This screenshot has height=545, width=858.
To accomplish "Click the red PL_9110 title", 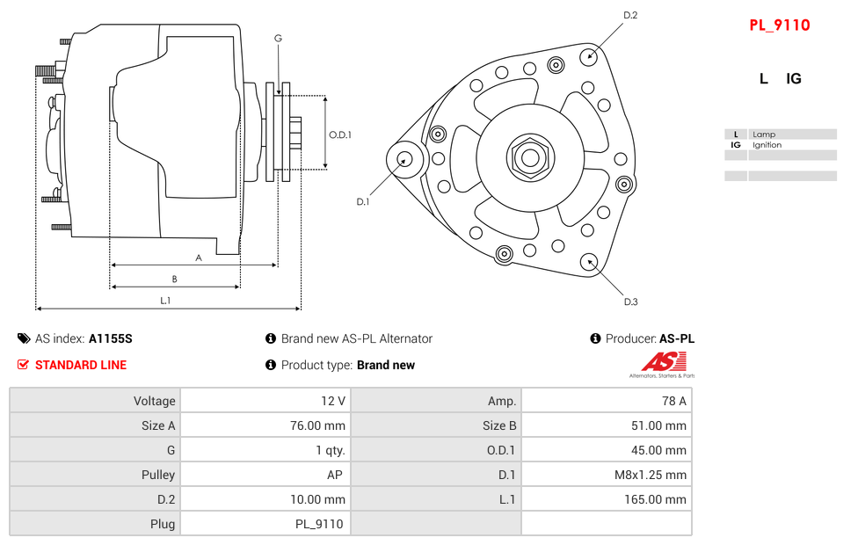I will click(779, 25).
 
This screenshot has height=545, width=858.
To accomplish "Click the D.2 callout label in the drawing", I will click(629, 15).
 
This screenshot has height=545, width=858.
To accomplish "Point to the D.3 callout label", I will click(630, 302).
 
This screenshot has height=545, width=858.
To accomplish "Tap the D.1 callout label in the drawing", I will click(362, 201).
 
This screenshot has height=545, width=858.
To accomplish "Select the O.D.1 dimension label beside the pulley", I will click(340, 134).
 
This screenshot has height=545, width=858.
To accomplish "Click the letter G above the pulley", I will click(278, 38).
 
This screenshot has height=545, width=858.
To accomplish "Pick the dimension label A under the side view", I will click(199, 258).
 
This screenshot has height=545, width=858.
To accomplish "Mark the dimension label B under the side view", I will click(175, 280).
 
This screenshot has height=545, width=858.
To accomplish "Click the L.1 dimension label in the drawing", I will click(165, 301).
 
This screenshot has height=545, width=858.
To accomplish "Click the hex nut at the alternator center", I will click(529, 158).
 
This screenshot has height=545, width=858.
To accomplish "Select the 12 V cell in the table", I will click(332, 401).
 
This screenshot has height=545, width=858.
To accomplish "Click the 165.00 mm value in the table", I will click(655, 499).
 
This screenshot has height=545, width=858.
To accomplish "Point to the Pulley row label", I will click(158, 475).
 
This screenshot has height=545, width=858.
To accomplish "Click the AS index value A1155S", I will click(111, 338).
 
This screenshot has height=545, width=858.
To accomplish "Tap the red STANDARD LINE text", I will click(81, 365).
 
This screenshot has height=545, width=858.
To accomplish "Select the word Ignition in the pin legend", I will click(767, 145).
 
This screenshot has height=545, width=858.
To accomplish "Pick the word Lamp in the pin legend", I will click(763, 134).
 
